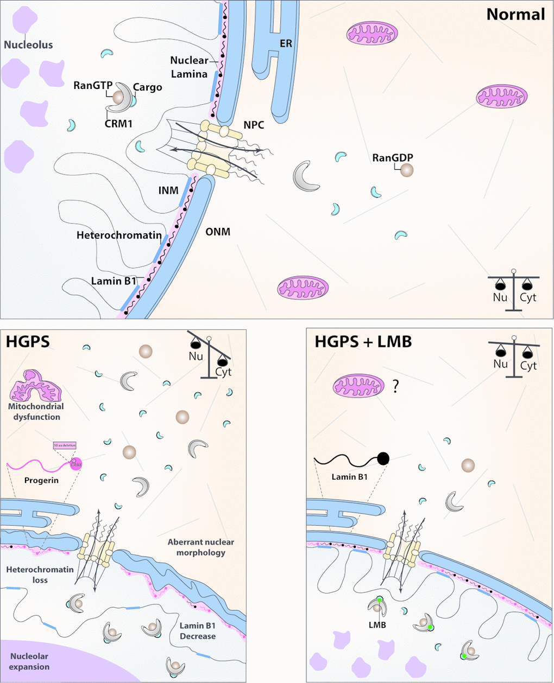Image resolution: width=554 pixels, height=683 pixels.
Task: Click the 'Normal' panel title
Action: tap(515, 14)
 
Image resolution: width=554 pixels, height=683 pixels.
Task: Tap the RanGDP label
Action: tap(393, 158)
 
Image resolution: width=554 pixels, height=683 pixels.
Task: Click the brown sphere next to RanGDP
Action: tap(406, 170)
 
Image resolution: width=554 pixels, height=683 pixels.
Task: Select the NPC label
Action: tap(254, 125)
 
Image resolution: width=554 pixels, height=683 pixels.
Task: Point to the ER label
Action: tap(286, 43)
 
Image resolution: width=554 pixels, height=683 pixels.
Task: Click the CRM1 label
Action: tap(118, 124)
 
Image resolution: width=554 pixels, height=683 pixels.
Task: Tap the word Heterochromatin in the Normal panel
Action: tap(119, 235)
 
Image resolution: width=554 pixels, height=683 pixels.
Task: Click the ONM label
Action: tap(218, 232)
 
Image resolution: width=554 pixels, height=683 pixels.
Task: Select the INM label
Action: tap(169, 191)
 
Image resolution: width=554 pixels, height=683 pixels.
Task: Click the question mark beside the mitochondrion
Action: tap(395, 386)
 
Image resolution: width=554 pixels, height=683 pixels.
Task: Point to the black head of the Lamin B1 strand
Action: tap(383, 458)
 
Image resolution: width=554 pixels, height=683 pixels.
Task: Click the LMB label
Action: tap(377, 624)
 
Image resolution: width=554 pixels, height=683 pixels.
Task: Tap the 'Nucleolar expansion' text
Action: tap(30, 661)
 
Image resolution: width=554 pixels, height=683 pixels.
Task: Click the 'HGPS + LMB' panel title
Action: tap(363, 342)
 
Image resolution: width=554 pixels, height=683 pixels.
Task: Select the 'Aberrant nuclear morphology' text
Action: tap(200, 547)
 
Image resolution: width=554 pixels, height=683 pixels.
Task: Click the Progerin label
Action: tap(41, 481)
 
